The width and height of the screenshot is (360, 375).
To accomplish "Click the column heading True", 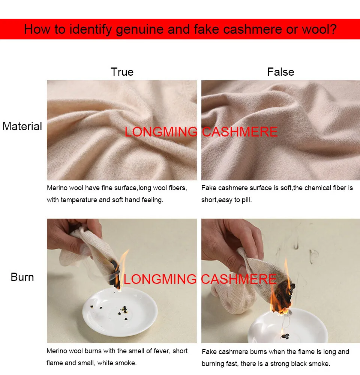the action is [x=122, y=72].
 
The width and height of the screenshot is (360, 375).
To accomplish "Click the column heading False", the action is [x=280, y=72].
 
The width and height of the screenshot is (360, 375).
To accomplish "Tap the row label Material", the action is [x=22, y=126].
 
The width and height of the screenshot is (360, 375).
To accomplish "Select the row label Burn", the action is [x=22, y=277].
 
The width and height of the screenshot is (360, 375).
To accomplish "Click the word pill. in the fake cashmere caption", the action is [x=247, y=200].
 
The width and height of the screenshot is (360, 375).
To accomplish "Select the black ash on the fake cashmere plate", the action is [x=285, y=336].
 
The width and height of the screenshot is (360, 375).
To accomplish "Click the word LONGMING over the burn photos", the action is [x=160, y=279].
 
